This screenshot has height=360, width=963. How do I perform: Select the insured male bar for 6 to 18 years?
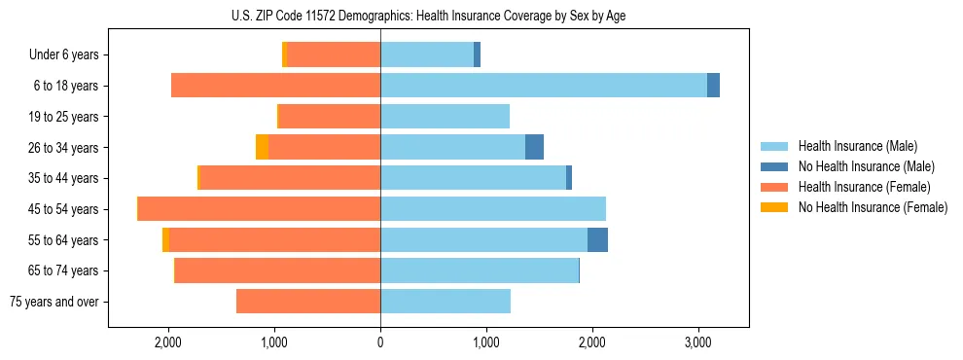tap(543, 86)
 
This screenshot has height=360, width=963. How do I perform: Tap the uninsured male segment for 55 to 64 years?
tap(597, 239)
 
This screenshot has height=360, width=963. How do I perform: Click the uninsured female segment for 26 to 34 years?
tap(262, 147)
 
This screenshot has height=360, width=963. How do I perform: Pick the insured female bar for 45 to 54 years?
tap(259, 208)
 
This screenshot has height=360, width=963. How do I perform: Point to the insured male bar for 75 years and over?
tap(445, 302)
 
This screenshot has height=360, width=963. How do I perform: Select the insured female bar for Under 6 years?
tap(333, 54)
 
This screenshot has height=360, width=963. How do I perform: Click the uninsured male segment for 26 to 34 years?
tap(534, 147)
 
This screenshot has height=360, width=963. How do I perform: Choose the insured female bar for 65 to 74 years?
tap(277, 270)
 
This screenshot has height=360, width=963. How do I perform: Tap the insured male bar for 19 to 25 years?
tap(445, 117)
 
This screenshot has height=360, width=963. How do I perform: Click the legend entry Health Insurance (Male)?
tap(857, 146)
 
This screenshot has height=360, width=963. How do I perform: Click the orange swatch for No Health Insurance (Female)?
tap(774, 207)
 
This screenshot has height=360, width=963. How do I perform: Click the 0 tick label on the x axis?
tap(380, 342)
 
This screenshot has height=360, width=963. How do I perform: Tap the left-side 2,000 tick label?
tap(168, 342)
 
